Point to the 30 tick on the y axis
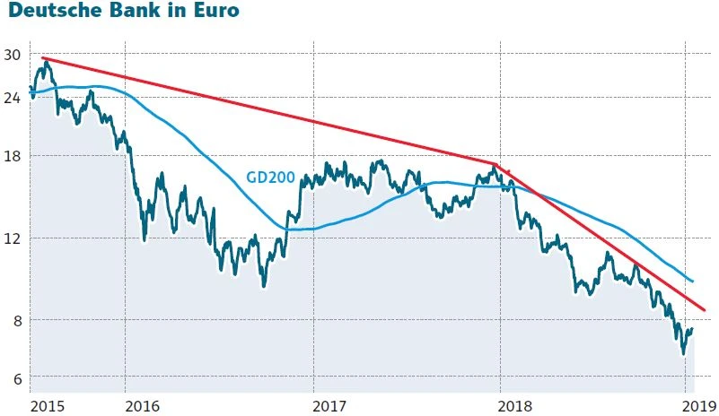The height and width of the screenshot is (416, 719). pos(12,55)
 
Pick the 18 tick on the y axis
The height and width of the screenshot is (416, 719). pos(12,156)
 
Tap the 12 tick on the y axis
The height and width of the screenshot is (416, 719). pos(12,238)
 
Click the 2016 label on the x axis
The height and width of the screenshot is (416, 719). pos(144,405)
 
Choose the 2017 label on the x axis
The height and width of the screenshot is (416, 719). pos(332,405)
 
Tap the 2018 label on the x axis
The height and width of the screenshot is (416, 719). pos(520,405)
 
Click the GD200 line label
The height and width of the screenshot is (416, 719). pos(270,178)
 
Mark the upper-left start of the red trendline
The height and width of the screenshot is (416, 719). pos(43,58)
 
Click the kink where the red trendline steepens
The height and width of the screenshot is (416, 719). pos(495,164)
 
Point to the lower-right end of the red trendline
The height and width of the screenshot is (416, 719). pos(705,310)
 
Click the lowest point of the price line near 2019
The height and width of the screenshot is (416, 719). pos(683,354)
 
